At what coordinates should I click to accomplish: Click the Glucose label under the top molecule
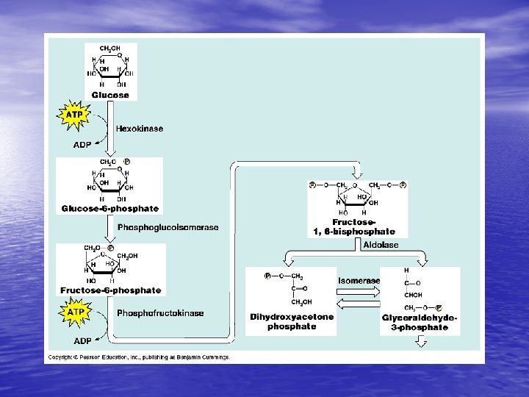110,95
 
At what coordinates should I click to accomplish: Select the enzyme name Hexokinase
139,129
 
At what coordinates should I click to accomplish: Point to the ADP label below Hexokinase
82,145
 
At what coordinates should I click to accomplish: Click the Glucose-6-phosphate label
109,209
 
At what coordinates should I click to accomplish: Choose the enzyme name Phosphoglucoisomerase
168,228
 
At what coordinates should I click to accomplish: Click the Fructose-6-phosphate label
110,290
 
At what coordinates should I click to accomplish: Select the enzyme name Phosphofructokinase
160,313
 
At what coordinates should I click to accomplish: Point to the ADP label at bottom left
82,341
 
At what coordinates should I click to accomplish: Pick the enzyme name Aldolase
381,245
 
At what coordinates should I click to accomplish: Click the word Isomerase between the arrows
359,281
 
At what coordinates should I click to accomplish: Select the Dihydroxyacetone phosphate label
292,322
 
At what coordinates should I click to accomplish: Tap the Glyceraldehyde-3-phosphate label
420,322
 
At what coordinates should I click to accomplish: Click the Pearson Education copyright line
140,357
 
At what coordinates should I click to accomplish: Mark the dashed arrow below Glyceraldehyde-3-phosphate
422,341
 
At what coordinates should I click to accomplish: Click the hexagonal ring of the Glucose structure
110,65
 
